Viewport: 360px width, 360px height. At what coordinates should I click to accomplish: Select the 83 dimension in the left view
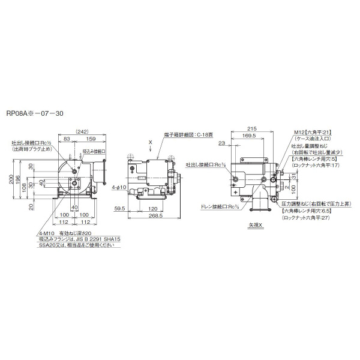pyautogui.click(x=67, y=139)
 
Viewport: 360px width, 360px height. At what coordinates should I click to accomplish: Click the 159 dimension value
pyautogui.click(x=91, y=139)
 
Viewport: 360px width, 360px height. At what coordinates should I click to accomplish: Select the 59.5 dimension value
pyautogui.click(x=119, y=208)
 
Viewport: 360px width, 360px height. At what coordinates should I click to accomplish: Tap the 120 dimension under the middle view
pyautogui.click(x=152, y=208)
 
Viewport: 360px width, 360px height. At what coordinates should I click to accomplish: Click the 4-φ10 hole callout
pyautogui.click(x=119, y=188)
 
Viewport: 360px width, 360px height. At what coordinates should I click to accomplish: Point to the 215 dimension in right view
pyautogui.click(x=251, y=128)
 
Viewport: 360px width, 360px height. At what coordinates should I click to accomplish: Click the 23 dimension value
pyautogui.click(x=223, y=143)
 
